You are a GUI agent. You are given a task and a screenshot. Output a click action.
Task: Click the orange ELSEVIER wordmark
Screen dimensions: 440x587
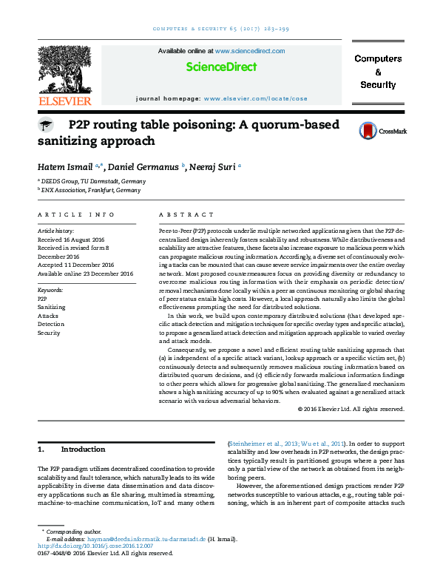(x=65, y=101)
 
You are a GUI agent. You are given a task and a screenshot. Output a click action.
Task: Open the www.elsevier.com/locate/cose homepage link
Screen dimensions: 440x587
(x=255, y=98)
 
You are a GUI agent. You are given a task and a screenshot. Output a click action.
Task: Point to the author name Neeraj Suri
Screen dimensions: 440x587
(x=213, y=166)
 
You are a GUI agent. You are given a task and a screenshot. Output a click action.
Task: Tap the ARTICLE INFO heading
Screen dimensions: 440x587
(x=76, y=214)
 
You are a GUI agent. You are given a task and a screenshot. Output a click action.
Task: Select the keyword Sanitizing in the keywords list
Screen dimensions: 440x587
(x=51, y=306)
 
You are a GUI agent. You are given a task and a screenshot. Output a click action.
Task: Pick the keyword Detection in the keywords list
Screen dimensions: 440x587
(x=50, y=324)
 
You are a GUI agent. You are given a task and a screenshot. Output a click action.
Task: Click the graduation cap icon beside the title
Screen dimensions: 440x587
(x=46, y=126)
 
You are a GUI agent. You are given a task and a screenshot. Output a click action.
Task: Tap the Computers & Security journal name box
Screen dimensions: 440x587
(x=378, y=72)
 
